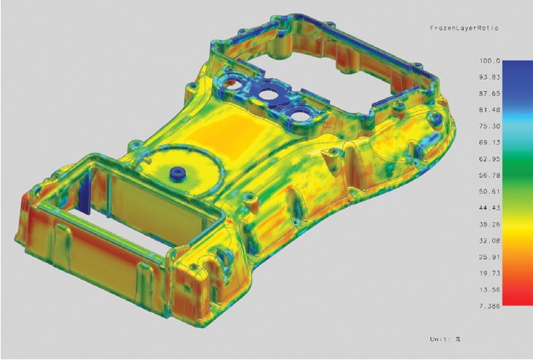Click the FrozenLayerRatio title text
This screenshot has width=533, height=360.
pos(464,28)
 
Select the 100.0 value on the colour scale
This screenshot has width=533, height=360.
pos(490,61)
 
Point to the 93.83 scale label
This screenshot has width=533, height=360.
pos(490,77)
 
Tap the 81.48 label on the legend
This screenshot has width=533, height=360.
pos(490,110)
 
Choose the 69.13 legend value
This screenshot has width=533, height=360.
pos(490,143)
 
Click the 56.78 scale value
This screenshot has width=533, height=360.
pos(490,175)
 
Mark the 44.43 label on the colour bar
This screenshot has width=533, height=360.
pos(490,208)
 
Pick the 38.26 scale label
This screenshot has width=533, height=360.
pos(490,224)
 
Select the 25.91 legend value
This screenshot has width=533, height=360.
pos(490,257)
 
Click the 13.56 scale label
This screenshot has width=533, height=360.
pos(490,289)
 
